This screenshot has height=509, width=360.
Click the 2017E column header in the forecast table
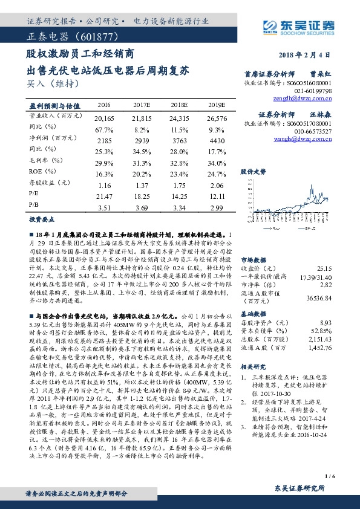(142, 104)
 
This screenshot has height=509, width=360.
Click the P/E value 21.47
(105, 197)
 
